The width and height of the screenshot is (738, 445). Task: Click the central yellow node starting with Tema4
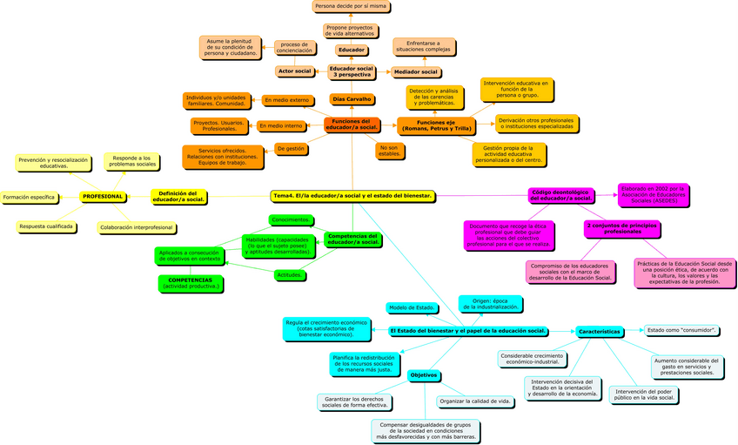[352, 196]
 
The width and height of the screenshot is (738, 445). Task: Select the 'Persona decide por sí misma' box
[351, 6]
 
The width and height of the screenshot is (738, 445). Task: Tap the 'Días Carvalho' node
[352, 99]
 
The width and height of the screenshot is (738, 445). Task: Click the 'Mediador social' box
[415, 71]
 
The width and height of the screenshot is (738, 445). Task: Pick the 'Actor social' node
[294, 71]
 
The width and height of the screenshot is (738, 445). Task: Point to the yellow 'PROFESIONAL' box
[103, 197]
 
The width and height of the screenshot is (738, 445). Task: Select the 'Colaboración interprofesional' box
[137, 227]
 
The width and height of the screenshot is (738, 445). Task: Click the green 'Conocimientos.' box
[290, 219]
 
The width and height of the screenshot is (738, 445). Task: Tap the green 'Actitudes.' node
[289, 275]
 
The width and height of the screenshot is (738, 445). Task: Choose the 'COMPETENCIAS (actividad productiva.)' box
[191, 283]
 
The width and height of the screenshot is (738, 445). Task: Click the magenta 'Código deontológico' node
[560, 195]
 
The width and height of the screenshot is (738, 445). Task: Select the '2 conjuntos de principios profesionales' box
[621, 228]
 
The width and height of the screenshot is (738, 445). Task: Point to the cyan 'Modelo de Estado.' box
[412, 307]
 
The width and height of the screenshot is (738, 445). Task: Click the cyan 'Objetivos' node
[424, 375]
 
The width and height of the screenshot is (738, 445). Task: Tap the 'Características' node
[600, 332]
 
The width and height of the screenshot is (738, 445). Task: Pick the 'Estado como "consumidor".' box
[682, 330]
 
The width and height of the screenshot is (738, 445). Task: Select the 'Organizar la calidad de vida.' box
[476, 401]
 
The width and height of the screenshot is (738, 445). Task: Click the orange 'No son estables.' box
[389, 152]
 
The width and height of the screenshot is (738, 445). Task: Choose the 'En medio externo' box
[286, 100]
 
